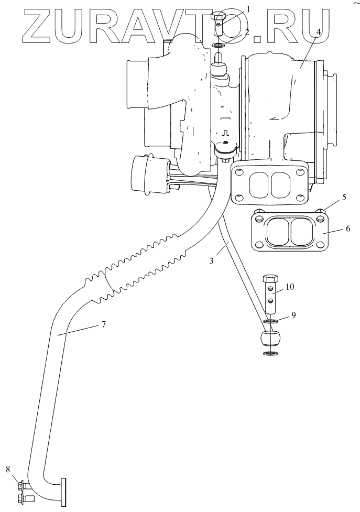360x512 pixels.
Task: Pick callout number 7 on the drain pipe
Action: (x=104, y=325)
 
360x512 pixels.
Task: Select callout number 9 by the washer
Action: (x=294, y=316)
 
